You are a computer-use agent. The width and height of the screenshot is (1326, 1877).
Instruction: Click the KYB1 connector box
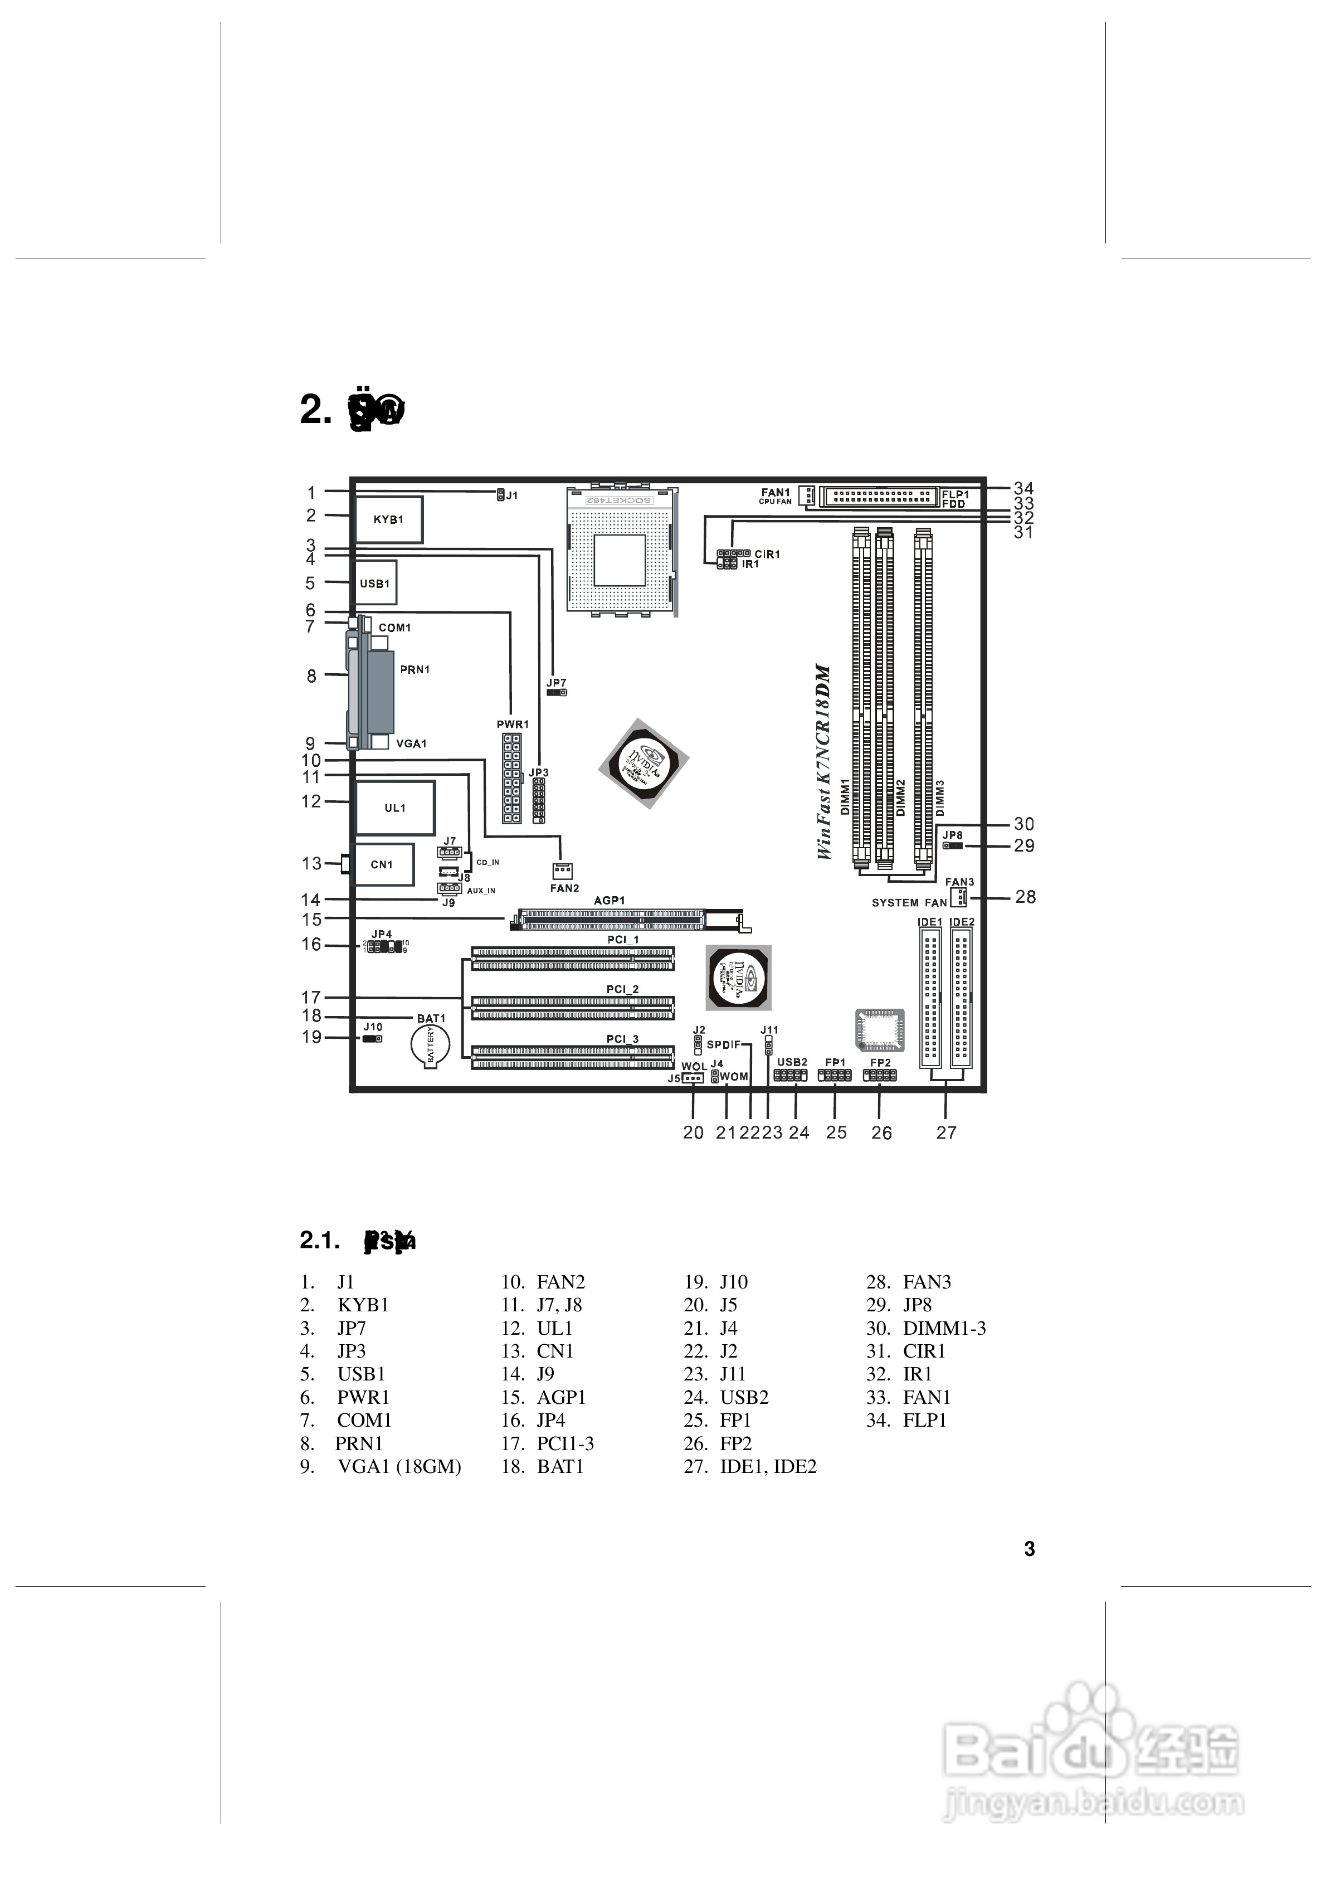point(388,519)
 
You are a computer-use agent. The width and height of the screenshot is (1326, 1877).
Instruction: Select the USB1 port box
point(376,583)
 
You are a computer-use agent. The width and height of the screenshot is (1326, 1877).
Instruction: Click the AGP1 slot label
point(609,900)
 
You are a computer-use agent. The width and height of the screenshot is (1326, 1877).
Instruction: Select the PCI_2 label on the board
point(622,989)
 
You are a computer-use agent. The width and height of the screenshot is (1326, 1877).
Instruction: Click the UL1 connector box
point(395,808)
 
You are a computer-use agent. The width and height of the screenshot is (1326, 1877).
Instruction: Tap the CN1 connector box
point(382,864)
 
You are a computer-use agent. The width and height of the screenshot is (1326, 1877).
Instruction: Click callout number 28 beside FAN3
point(1025,897)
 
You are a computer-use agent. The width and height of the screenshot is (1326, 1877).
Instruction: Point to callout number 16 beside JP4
point(311,944)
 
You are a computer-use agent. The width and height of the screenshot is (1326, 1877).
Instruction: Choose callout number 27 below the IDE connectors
point(946,1132)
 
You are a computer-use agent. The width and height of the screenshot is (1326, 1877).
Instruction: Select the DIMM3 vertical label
point(940,797)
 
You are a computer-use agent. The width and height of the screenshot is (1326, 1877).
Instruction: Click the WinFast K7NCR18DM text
point(823,761)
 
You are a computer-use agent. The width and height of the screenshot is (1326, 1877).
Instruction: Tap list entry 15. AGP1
point(544,1397)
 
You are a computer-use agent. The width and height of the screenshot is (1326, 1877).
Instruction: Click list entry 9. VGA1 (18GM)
point(381,1467)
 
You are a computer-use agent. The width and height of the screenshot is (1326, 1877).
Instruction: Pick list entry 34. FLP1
point(906,1420)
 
